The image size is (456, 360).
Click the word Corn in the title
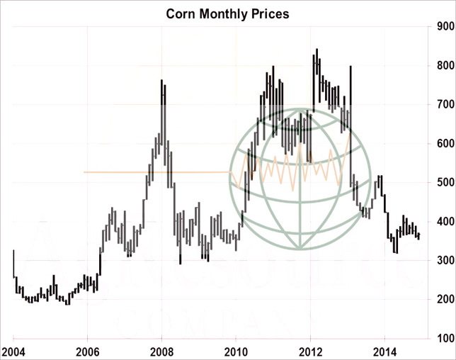tap(180, 13)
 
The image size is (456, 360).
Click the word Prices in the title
tap(270, 13)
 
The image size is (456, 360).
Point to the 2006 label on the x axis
tap(87, 351)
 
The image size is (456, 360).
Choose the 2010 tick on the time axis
tap(236, 351)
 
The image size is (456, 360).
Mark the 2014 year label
tap(384, 351)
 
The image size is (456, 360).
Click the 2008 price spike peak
tap(162, 81)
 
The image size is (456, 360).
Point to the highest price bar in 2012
tap(317, 50)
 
